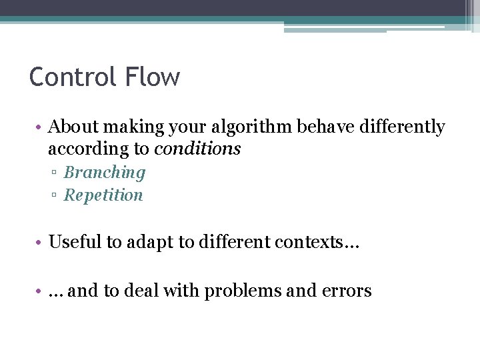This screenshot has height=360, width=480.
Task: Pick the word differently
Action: [x=403, y=127]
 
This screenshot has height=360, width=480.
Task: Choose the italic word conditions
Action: [x=197, y=148]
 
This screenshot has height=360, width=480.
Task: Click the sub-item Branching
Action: [x=104, y=173]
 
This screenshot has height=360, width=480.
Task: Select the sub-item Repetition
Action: [x=103, y=195]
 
